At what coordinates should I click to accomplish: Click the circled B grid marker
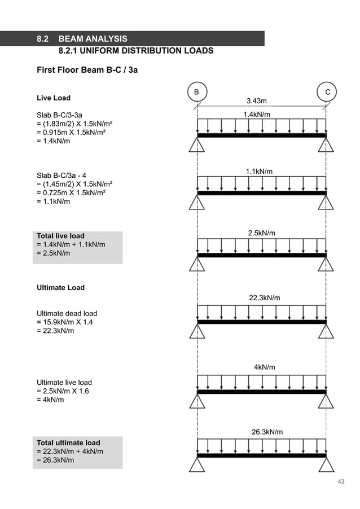[x=197, y=92]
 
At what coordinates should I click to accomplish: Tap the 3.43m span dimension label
[x=257, y=101]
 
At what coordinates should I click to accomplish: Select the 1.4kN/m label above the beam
[x=257, y=115]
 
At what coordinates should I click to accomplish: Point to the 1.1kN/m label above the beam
[x=259, y=172]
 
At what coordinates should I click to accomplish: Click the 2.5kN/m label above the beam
[x=262, y=233]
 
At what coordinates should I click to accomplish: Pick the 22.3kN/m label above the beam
[x=265, y=298]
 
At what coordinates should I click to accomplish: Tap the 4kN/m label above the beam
[x=265, y=367]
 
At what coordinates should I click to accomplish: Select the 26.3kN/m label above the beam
[x=267, y=432]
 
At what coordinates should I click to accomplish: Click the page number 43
[x=340, y=481]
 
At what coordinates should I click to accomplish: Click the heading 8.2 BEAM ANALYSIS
[x=82, y=39]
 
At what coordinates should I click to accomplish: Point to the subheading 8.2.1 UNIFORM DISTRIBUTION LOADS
[x=136, y=51]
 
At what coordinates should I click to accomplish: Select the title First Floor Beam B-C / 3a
[x=87, y=71]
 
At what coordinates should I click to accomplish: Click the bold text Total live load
[x=60, y=236]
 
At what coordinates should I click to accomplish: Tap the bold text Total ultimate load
[x=68, y=442]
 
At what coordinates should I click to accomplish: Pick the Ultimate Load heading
[x=60, y=288]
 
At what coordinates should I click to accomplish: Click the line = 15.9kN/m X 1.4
[x=67, y=322]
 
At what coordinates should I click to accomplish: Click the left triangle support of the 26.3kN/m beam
[x=197, y=464]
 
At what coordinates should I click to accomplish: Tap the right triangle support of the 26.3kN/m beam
[x=326, y=464]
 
